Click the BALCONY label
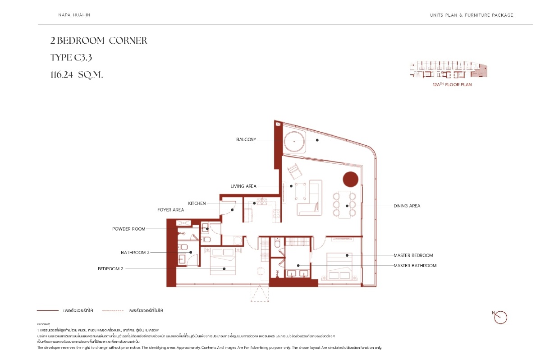pyautogui.click(x=246, y=140)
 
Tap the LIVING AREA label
pyautogui.click(x=243, y=186)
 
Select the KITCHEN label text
pyautogui.click(x=197, y=203)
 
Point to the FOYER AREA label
pyautogui.click(x=170, y=210)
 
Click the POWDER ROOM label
pyautogui.click(x=129, y=229)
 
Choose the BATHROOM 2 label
pyautogui.click(x=135, y=253)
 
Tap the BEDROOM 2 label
pyautogui.click(x=110, y=269)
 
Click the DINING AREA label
pyautogui.click(x=407, y=206)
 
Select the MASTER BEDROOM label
pyautogui.click(x=413, y=255)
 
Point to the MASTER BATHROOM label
pyautogui.click(x=415, y=266)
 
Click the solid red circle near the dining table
pyautogui.click(x=351, y=180)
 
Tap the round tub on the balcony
pyautogui.click(x=294, y=141)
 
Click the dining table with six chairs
pyautogui.click(x=344, y=205)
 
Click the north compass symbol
pyautogui.click(x=500, y=317)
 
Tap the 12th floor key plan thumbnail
pyautogui.click(x=449, y=70)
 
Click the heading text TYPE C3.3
pyautogui.click(x=71, y=58)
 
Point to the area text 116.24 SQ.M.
pyautogui.click(x=77, y=75)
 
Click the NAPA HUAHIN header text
pyautogui.click(x=74, y=15)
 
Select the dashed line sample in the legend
pyautogui.click(x=113, y=311)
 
